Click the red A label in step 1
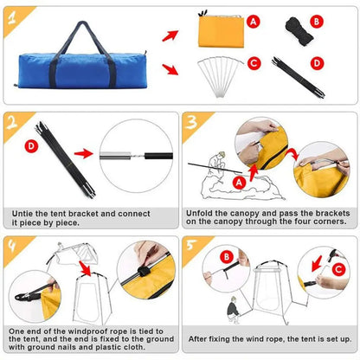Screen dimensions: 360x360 (x=253, y=21)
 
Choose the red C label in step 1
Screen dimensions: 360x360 (x=254, y=62)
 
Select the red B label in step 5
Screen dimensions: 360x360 (x=226, y=256)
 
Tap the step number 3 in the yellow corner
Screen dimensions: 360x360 (x=192, y=123)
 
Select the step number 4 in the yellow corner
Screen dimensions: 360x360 (x=12, y=245)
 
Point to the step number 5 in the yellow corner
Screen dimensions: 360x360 (x=192, y=245)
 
